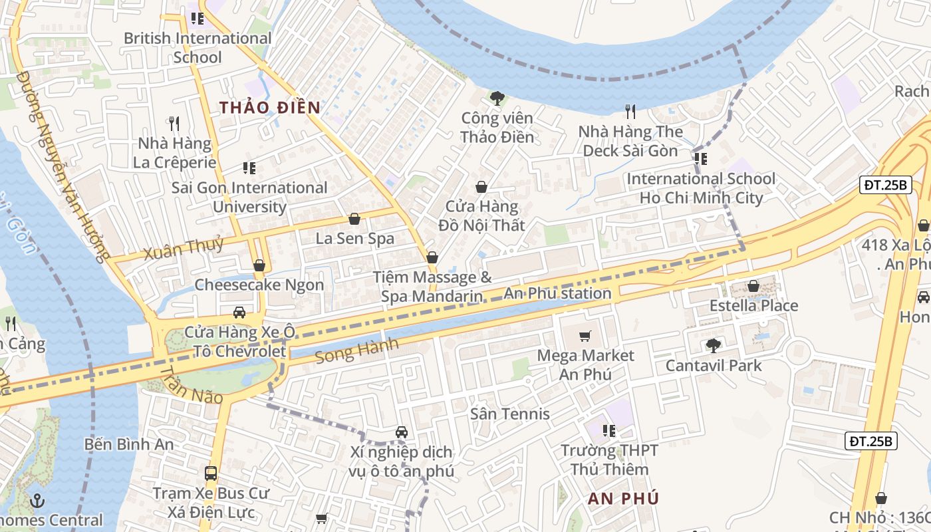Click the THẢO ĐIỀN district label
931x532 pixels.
coord(270,107)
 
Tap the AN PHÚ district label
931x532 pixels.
coord(623,498)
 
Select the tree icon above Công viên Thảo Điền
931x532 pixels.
coord(497,98)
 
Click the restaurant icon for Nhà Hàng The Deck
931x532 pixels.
coord(630,111)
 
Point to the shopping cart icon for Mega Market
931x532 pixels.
coord(585,336)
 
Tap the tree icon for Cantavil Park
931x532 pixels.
coord(714,345)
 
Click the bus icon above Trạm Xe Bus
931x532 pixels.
coord(211,473)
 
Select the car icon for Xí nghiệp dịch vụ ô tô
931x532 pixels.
coord(402,432)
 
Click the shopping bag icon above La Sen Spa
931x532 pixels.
coord(354,219)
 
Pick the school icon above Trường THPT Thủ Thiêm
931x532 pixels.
coord(608,431)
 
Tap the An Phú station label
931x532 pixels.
coord(557,293)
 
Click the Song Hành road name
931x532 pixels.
coord(357,350)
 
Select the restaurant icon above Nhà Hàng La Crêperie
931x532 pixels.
coord(174,124)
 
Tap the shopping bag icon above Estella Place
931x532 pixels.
coord(753,286)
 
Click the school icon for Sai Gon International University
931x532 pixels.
coord(249,168)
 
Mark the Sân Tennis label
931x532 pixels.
coord(510,414)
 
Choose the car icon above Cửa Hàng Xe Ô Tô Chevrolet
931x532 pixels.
coord(239,313)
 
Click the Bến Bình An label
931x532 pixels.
coord(130,444)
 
